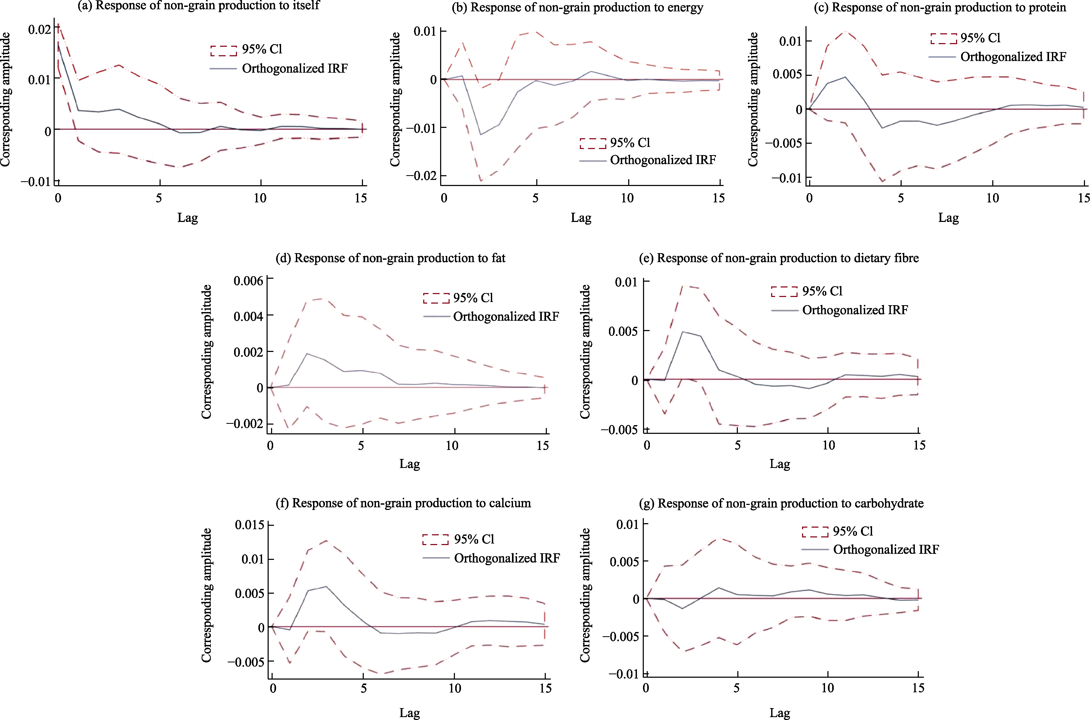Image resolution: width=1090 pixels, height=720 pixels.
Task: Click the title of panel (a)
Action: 198,6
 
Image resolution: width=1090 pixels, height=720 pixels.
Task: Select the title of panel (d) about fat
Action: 390,258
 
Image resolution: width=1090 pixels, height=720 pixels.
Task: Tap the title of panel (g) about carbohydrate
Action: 781,503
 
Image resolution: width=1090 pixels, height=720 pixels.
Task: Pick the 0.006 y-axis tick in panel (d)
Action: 248,281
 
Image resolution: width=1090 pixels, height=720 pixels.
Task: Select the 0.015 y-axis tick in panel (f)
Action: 249,525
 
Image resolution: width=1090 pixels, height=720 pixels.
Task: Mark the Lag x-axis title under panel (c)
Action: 948,218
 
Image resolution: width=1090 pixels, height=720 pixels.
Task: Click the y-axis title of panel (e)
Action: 585,351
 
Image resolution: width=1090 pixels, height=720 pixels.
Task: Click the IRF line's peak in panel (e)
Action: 683,332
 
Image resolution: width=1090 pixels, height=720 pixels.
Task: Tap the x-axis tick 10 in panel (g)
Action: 827,688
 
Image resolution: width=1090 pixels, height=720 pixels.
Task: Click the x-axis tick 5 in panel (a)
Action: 159,198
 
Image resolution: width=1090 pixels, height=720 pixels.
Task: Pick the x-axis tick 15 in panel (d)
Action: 543,445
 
